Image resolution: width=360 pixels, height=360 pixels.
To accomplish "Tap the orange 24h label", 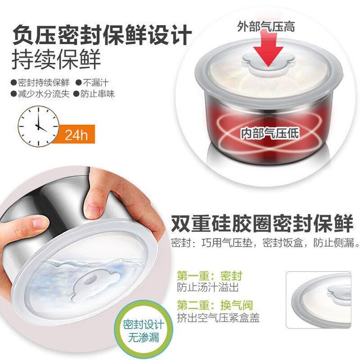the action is pos(76,134).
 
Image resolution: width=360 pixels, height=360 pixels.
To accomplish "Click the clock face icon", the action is pos(38,126).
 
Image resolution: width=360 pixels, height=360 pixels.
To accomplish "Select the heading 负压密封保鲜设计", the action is pos(102,35).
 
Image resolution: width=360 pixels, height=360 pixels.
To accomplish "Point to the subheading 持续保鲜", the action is pos(56,59).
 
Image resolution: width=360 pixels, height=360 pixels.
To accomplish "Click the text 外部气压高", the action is pos(266,26).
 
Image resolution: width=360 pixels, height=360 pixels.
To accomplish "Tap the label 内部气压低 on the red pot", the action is pos(270,133).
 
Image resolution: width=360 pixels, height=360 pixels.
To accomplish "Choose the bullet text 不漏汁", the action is pos(92,82).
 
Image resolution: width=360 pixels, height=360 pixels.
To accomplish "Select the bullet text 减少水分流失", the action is pos(40,93).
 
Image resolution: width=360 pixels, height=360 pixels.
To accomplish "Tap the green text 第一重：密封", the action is pos(210,276).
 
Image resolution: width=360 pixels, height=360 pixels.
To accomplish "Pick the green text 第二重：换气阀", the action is pos(215,305).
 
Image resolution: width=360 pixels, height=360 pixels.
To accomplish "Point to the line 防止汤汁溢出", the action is pos(207,287).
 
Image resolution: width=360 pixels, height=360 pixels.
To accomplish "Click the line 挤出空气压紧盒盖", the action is pos(218,318).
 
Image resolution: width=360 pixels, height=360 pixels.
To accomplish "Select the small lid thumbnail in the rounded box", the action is pos(319,300).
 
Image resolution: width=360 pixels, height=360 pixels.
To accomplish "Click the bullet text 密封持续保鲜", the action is pos(40,82).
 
